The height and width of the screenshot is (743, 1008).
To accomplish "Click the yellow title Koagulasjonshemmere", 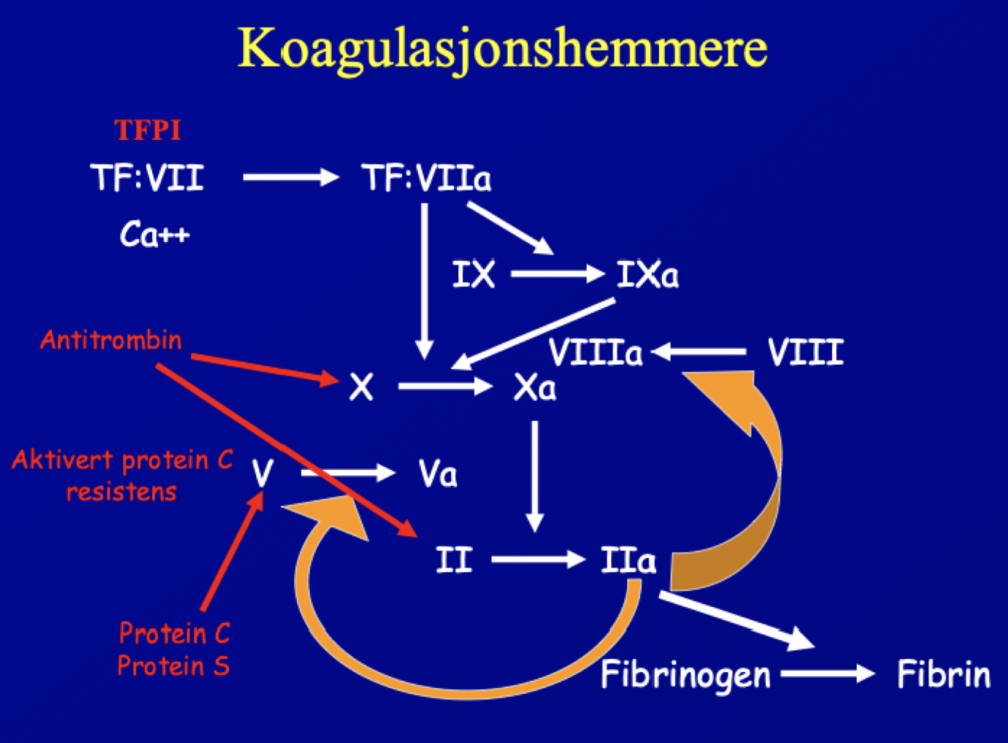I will coord(502,48).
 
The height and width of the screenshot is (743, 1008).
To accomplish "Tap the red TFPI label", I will coord(148,130).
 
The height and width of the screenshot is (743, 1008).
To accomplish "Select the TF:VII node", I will coord(147,178).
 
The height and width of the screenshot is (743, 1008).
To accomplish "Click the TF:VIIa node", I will coord(427,178).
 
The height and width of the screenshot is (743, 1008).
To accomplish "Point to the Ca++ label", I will coord(154,234).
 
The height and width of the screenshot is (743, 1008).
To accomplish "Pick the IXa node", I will coord(648,274).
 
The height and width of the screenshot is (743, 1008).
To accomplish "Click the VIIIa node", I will coord(595,352).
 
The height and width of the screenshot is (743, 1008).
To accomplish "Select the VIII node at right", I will coord(805,352).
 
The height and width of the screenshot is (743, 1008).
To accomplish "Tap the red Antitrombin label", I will coord(111,340).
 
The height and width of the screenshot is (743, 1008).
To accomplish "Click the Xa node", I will coord(535,388).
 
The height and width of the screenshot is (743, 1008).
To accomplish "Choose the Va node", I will coord(438,475).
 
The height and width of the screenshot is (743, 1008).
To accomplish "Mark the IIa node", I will coord(628,561).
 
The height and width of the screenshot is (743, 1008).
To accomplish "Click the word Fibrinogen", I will coord(685,675).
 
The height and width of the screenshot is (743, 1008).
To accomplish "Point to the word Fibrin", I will coord(943,675).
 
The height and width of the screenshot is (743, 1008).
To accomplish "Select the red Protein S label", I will coord(173,666).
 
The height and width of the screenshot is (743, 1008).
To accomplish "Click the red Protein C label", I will coord(175,633).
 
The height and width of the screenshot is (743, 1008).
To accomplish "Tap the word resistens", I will coord(121,492).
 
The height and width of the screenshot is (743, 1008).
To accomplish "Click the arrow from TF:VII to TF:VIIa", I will coord(291,178).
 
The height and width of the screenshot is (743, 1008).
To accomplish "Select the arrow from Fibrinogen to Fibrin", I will coord(827,673).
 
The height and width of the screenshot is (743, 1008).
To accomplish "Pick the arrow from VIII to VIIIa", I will coord(699,352).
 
